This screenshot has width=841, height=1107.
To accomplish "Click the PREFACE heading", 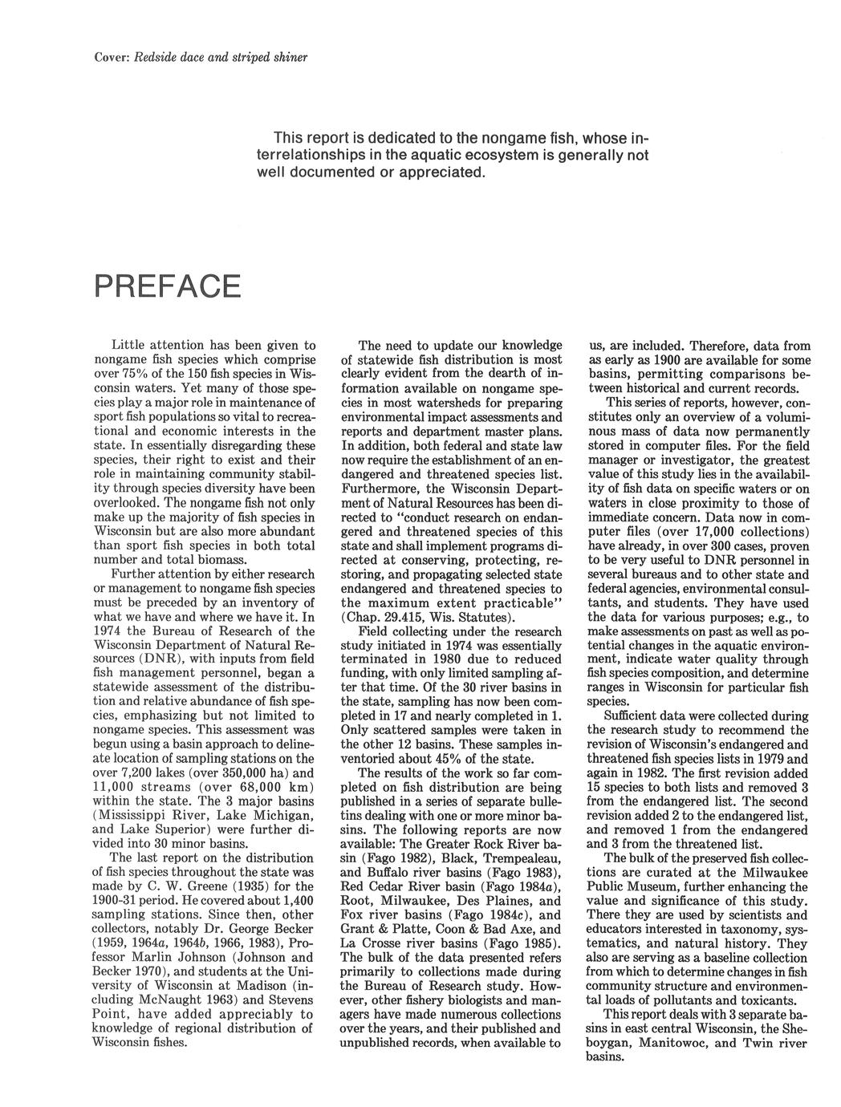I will coord(167,286).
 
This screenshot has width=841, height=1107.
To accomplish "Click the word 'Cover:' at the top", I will coord(109,57).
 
